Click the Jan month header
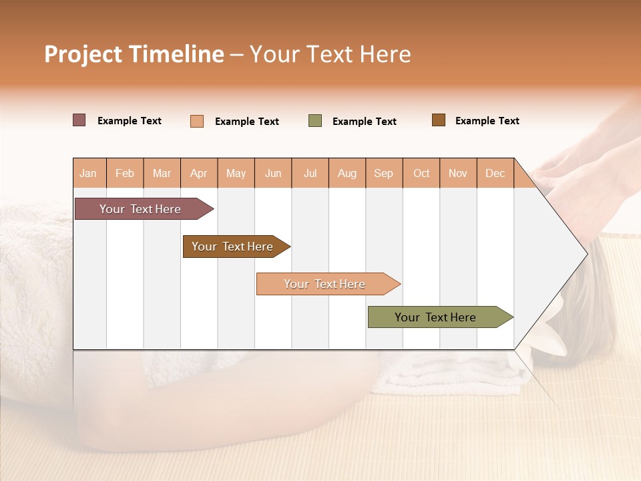[x=88, y=173]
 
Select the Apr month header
[x=199, y=173]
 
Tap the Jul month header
[x=310, y=173]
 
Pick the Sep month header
[x=383, y=173]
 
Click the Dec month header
[x=495, y=173]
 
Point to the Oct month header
[x=421, y=173]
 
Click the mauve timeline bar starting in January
[x=140, y=209]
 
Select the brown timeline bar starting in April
[x=232, y=247]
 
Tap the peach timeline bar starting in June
[x=325, y=284]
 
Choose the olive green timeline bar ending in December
[x=435, y=317]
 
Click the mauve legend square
[x=79, y=120]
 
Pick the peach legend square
[x=197, y=121]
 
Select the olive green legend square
[x=315, y=121]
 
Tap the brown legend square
[x=439, y=120]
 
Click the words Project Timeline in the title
[x=134, y=54]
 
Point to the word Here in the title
[x=385, y=54]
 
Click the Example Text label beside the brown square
[x=487, y=121]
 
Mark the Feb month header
[x=125, y=173]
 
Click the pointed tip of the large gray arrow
[x=586, y=254]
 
